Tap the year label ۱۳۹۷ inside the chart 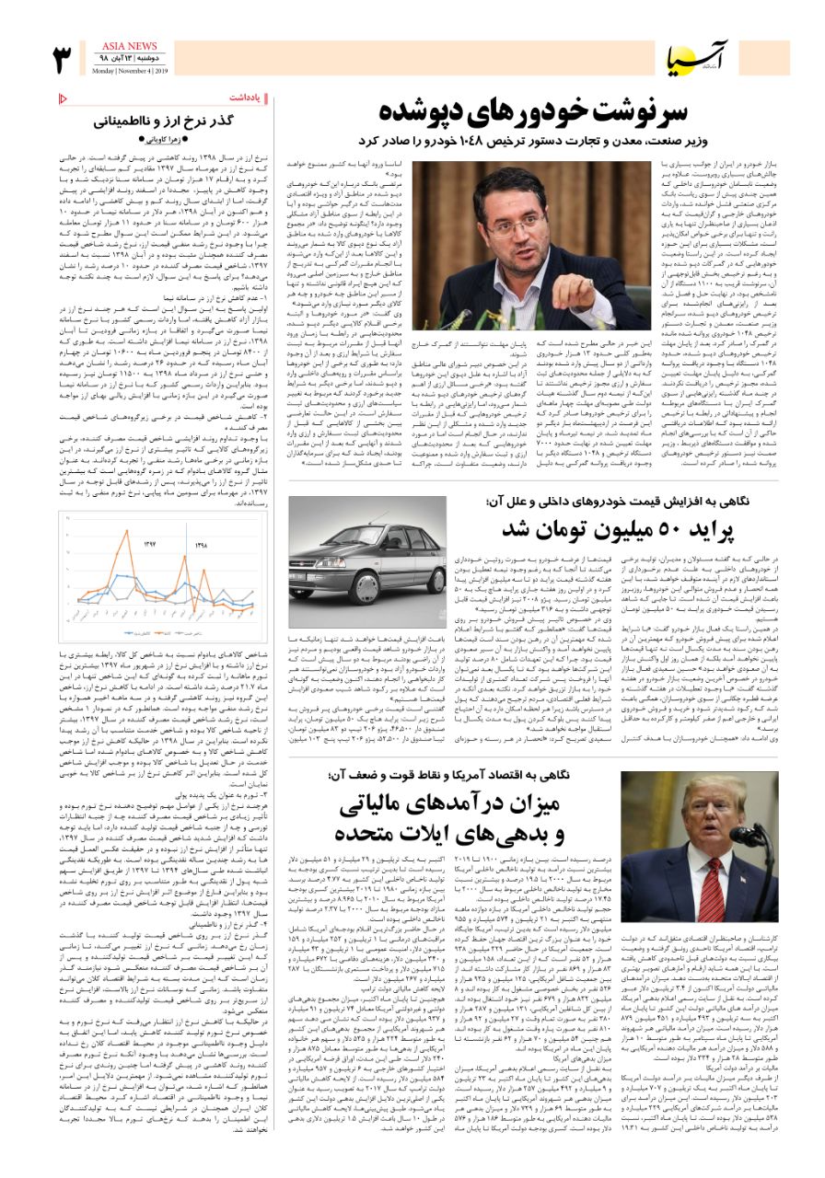(151, 545)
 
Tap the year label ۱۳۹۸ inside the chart (202, 545)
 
